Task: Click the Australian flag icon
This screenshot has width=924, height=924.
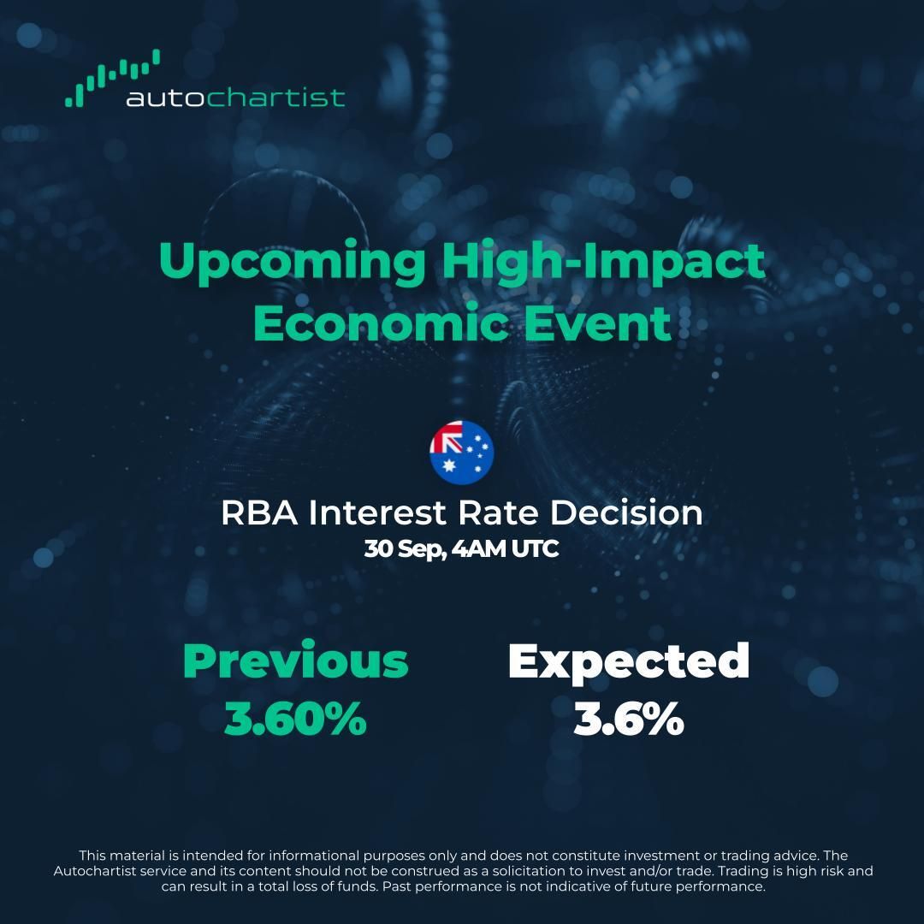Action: [x=462, y=451]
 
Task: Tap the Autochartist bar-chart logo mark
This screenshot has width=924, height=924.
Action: [x=112, y=79]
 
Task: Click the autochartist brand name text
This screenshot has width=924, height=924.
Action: [x=235, y=98]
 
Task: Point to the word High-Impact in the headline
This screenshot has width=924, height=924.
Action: [x=603, y=261]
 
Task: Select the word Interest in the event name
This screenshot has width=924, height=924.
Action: [x=377, y=513]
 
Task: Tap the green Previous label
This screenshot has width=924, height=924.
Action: [x=296, y=661]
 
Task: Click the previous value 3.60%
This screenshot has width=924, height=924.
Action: [x=296, y=720]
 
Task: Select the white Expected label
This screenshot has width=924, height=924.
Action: [x=629, y=661]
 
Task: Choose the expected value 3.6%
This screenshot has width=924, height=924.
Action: [x=629, y=720]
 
